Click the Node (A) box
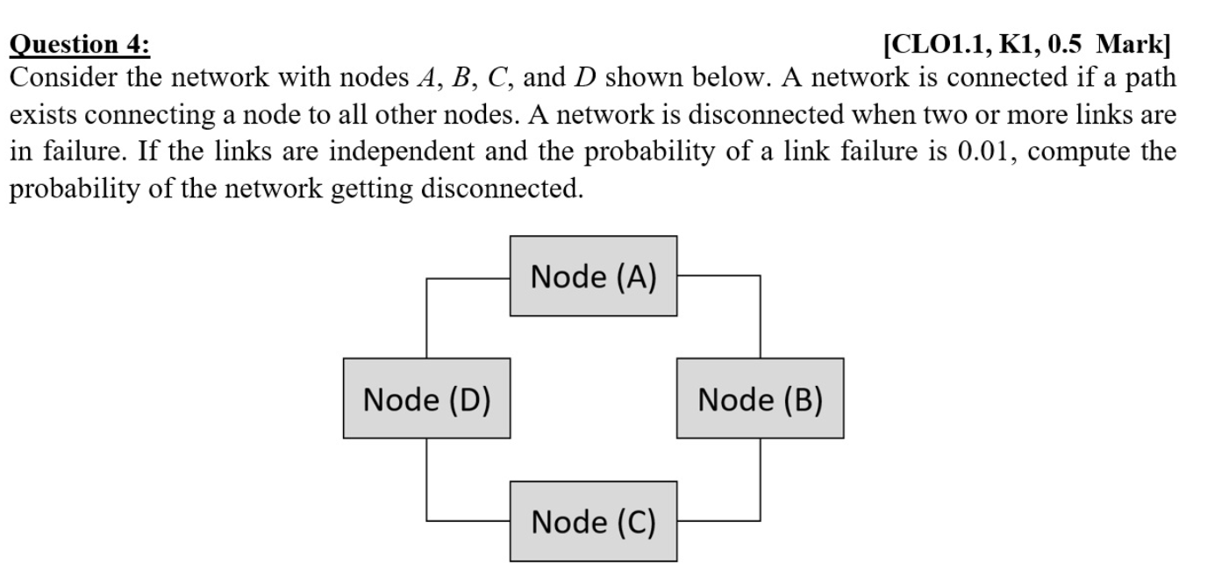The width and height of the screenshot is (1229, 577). [x=593, y=275]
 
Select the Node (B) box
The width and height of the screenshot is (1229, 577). [x=760, y=398]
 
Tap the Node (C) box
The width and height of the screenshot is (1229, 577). [x=593, y=521]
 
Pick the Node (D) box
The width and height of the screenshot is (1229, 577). [x=426, y=398]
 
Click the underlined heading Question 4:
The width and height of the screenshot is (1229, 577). [x=79, y=44]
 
